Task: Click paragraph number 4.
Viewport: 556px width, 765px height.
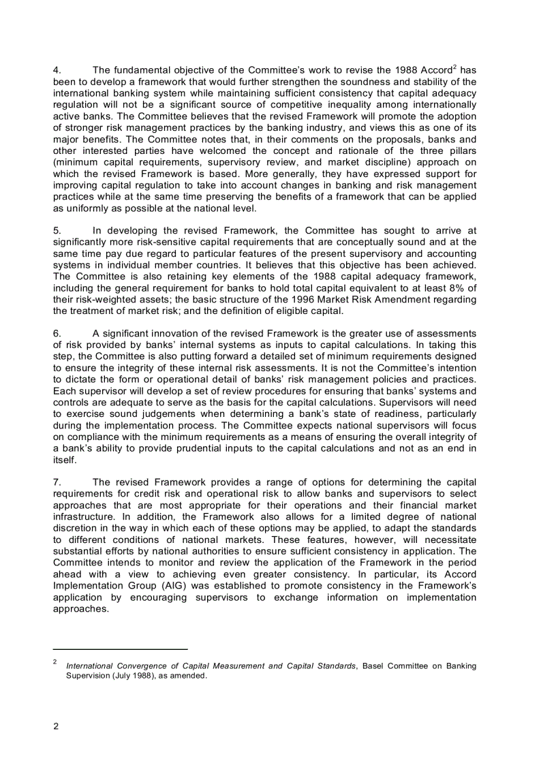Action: [57, 70]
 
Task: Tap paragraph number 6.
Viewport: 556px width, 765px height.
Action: [57, 333]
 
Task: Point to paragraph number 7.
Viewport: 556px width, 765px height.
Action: [57, 482]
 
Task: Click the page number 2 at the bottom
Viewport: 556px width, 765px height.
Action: [56, 725]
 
